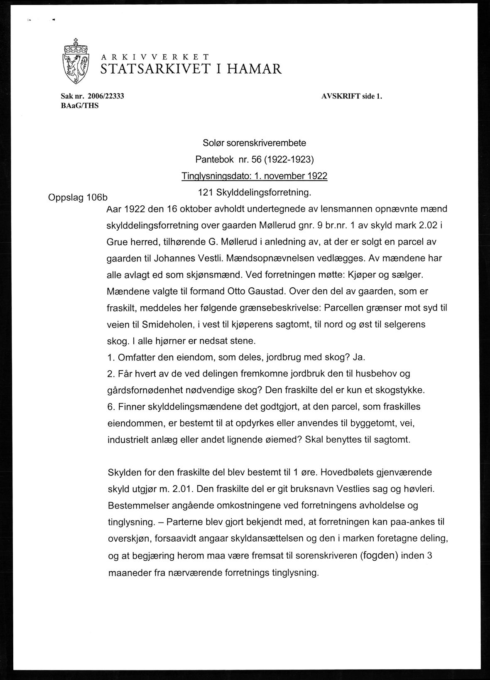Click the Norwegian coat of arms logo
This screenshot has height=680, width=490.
(x=76, y=61)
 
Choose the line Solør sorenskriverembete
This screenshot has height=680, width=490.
(x=254, y=143)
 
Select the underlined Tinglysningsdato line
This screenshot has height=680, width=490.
(x=254, y=176)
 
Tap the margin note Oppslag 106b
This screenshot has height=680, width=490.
(x=78, y=198)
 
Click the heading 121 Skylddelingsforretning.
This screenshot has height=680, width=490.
(x=254, y=192)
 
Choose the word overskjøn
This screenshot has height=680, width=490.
(x=129, y=539)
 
